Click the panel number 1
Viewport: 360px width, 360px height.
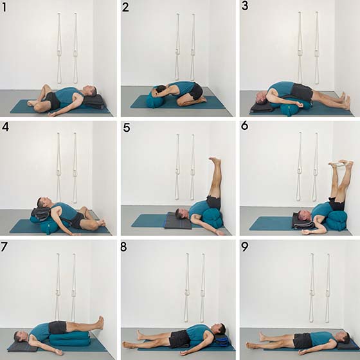[x=4, y=8]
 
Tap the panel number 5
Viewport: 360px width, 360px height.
[x=127, y=127]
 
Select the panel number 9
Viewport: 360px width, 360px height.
[x=245, y=247]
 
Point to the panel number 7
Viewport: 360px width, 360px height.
[x=4, y=247]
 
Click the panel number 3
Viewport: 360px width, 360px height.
[x=245, y=6]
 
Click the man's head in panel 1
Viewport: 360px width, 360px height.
[x=90, y=91]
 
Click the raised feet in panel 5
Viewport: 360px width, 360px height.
[x=215, y=161]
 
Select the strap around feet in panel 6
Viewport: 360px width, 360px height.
[x=338, y=165]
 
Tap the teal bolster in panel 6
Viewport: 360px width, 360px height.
[x=336, y=221]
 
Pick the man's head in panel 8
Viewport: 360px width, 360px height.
[x=219, y=329]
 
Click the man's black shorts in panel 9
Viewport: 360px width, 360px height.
[x=303, y=341]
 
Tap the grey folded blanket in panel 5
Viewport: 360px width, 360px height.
[x=179, y=221]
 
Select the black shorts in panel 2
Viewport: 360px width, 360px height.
[x=196, y=91]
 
